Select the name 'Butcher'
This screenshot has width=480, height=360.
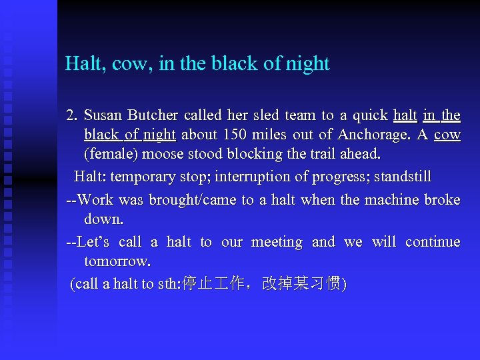pyautogui.click(x=155, y=115)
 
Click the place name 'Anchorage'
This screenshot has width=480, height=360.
pyautogui.click(x=373, y=135)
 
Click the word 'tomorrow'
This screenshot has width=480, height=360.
pyautogui.click(x=115, y=261)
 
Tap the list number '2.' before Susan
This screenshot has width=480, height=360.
pyautogui.click(x=73, y=115)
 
